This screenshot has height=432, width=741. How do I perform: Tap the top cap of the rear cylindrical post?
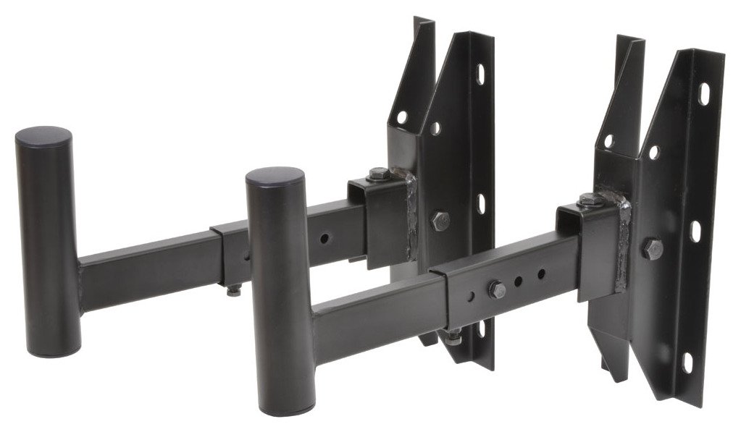coord(44,136)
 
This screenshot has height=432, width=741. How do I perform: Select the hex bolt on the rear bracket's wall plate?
coord(439,221)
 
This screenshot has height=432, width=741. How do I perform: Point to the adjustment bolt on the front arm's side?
coord(497,290)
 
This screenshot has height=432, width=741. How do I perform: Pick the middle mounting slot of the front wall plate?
coord(696,232)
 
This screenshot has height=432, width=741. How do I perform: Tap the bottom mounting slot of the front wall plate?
coord(687,363)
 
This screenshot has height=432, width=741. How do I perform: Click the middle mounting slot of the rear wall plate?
coord(482,203)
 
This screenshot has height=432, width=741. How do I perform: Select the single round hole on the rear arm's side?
coord(325,237)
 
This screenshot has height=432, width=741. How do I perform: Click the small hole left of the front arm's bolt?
coord(472,295)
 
